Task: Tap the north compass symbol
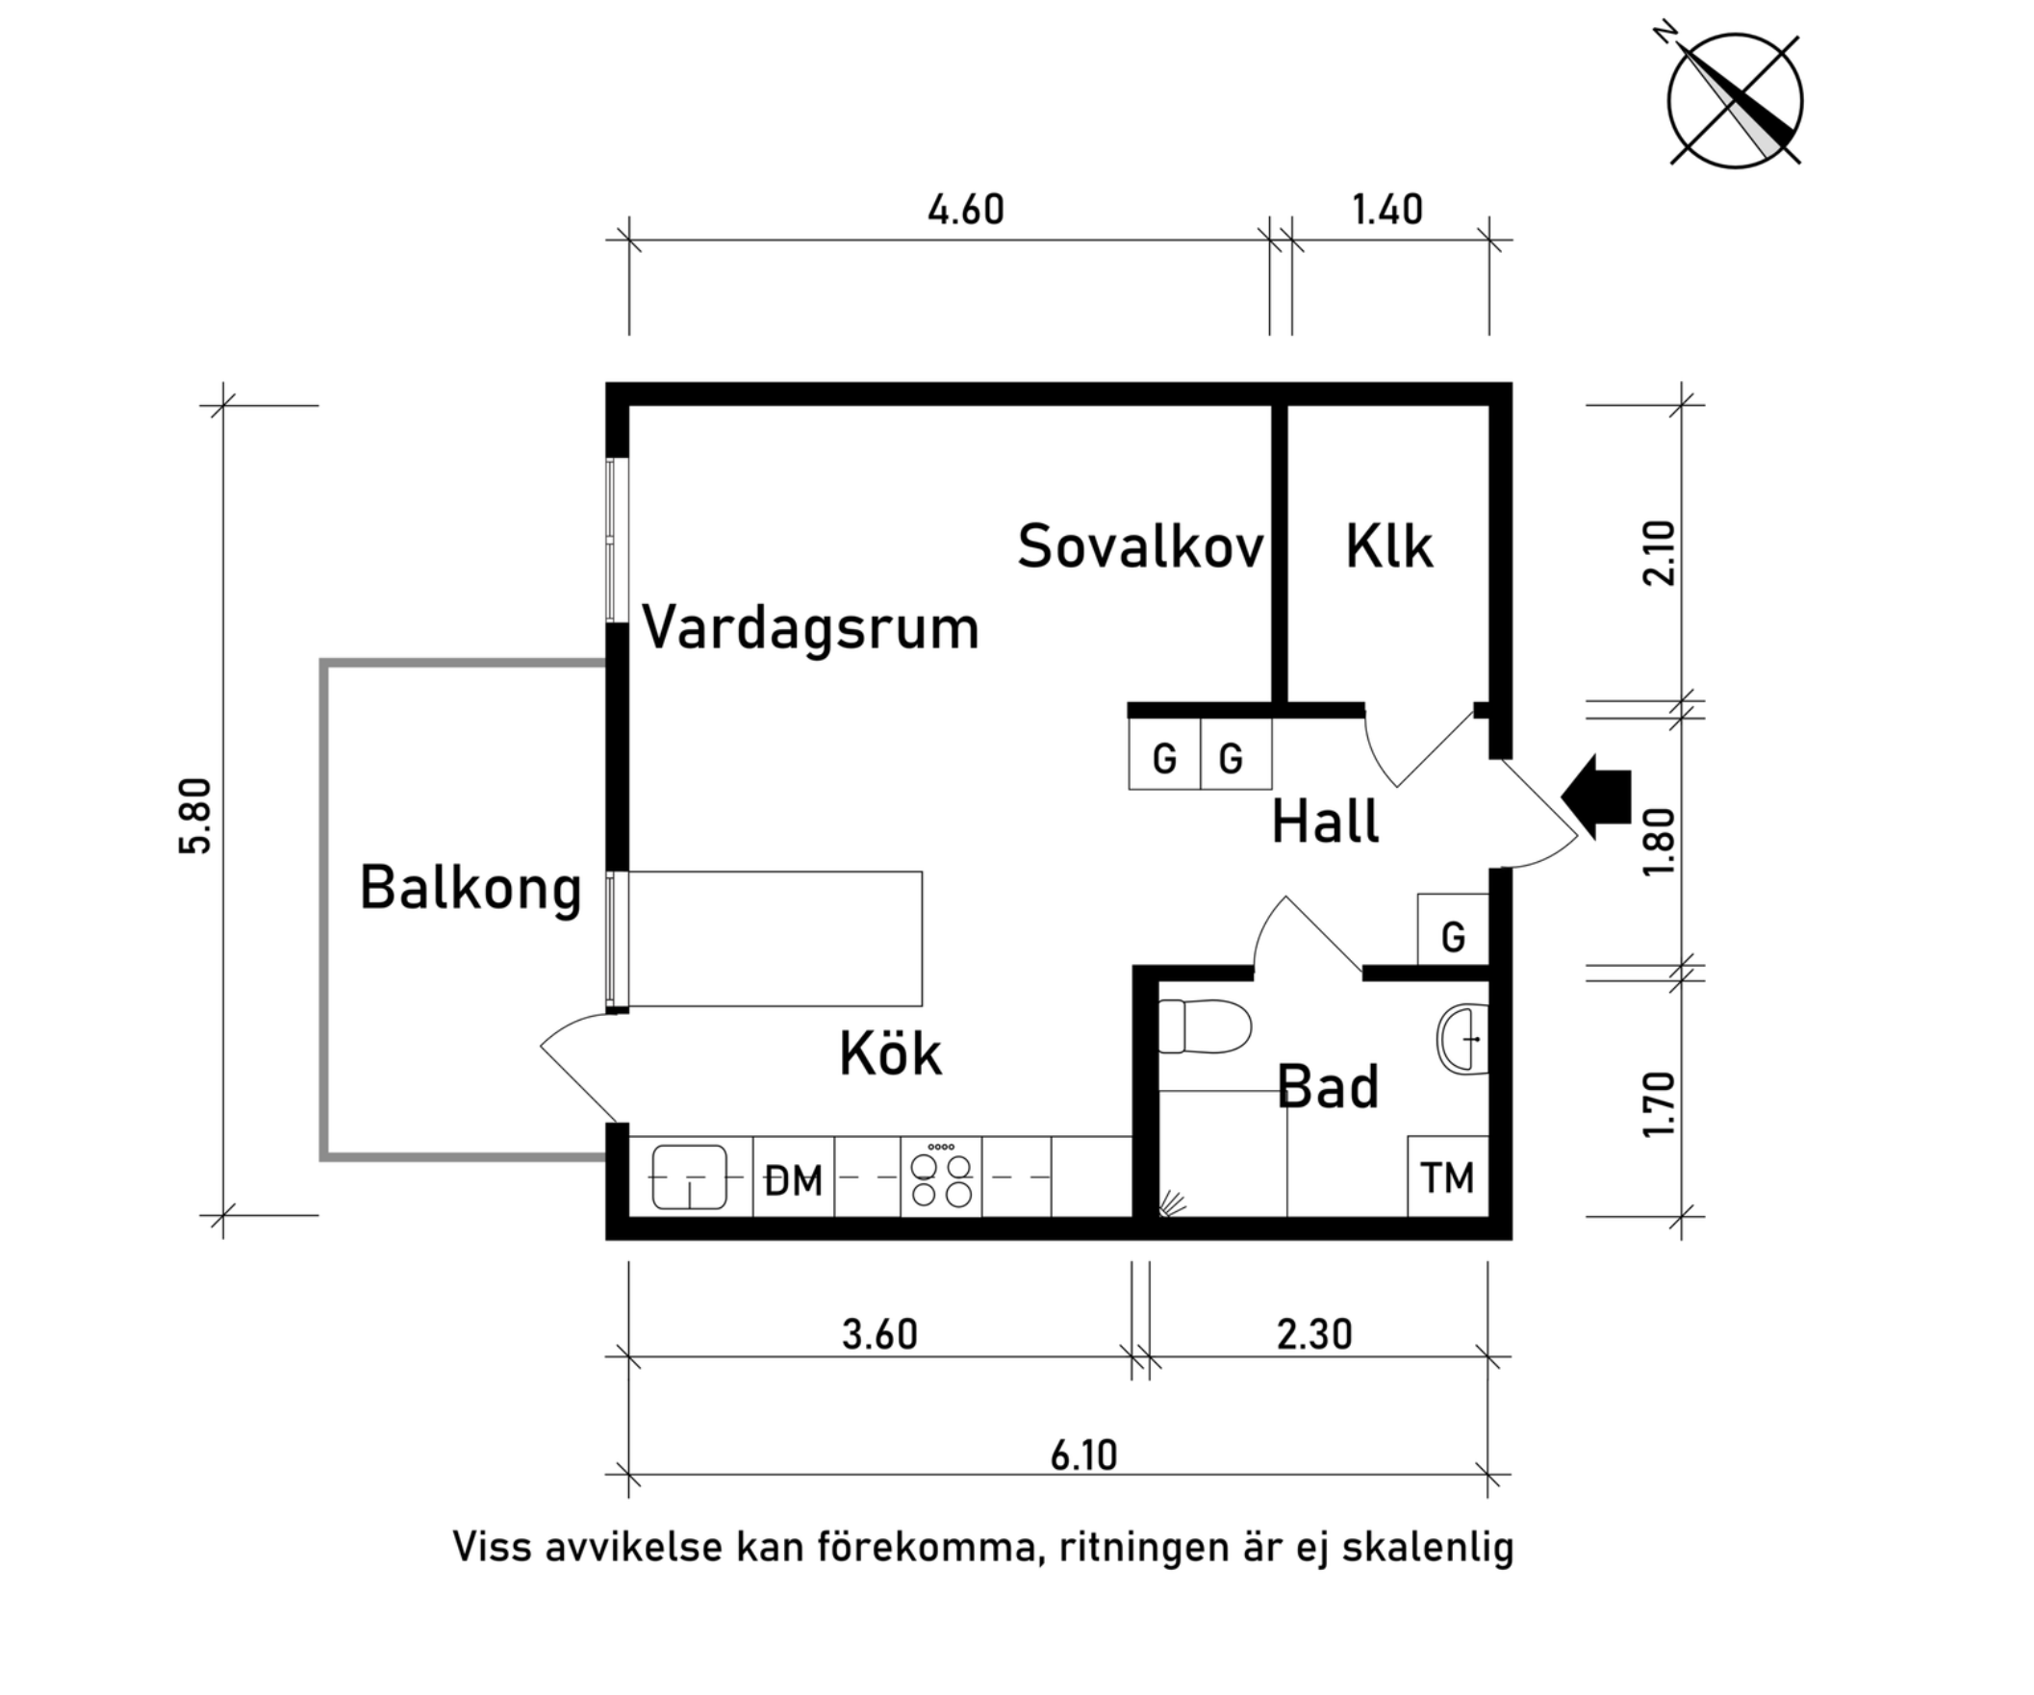pos(1735,101)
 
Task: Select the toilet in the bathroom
pos(1204,1026)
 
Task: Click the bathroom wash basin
pos(1463,1039)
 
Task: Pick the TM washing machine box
pos(1447,1177)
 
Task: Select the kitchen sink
pos(690,1176)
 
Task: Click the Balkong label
pos(470,888)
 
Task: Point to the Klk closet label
pos(1388,547)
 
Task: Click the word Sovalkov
pos(1140,547)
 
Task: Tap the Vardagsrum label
pos(811,628)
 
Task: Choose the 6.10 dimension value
pos(1083,1455)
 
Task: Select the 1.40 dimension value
pos(1387,210)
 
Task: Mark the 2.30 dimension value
pos(1313,1334)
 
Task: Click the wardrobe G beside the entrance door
pos(1452,936)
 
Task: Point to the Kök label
pos(890,1053)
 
